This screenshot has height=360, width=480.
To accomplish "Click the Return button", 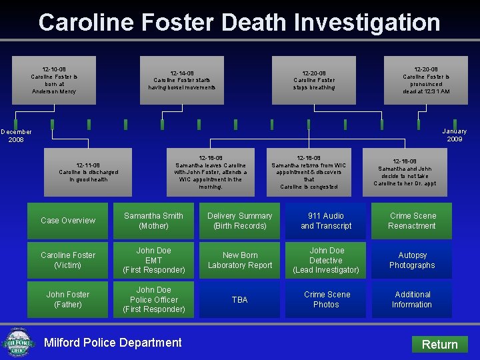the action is tap(440, 344).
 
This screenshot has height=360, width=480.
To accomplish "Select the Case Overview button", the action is tap(68, 221).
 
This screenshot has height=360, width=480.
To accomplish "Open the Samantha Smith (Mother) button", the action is tap(153, 221).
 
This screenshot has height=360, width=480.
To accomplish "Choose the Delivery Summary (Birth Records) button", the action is tap(240, 221).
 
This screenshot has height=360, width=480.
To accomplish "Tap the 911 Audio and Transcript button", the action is tap(326, 221).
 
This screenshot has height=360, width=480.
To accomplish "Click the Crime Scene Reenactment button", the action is tap(412, 221).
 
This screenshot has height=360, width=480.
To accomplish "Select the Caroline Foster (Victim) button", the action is tap(68, 260).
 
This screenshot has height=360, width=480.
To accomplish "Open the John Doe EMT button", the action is tap(153, 260).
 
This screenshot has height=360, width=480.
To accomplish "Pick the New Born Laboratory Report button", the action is tap(240, 260).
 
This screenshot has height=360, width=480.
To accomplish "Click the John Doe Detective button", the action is tap(326, 260).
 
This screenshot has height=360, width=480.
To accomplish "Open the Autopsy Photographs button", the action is tap(412, 260).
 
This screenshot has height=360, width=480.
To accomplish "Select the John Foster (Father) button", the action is tap(68, 299).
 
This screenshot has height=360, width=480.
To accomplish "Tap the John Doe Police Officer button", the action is tap(153, 299).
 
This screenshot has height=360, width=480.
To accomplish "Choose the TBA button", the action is tap(240, 299).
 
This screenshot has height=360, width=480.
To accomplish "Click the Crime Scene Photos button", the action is tap(326, 299).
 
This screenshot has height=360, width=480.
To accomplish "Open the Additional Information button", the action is tap(412, 299).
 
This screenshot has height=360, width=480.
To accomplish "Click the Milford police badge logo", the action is tap(18, 342).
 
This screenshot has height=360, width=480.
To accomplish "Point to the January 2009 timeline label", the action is tap(455, 135).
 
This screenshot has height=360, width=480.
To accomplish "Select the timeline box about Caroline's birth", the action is tap(54, 80).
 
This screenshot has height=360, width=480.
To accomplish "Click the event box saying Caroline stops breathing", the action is tap(314, 80).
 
